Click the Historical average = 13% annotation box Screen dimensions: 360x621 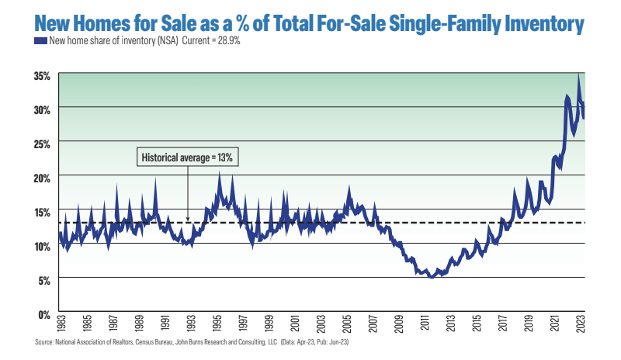click(186, 157)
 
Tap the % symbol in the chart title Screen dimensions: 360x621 click(252, 23)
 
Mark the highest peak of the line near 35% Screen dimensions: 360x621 click(578, 74)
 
